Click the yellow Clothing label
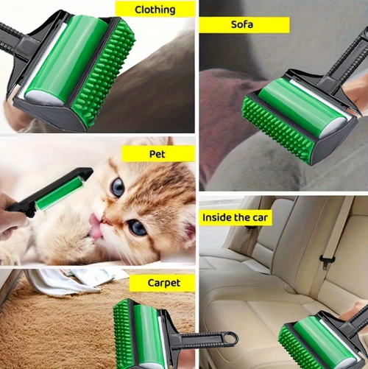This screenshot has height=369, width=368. (x=155, y=10)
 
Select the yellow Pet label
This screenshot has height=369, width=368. (x=158, y=154)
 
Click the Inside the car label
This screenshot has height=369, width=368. (x=236, y=217)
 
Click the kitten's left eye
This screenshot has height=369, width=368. (x=117, y=188)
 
